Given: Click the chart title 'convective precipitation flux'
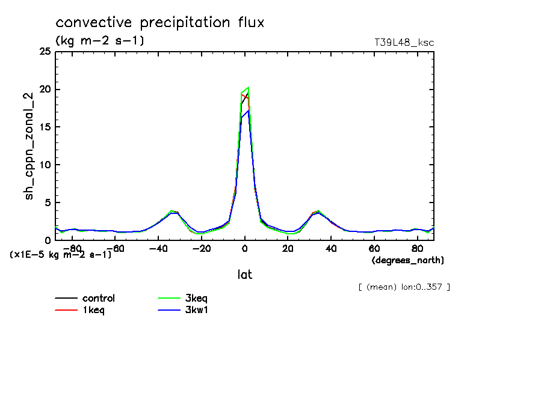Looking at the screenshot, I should coord(160,23).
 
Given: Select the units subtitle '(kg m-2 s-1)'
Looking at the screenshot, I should coord(99,41).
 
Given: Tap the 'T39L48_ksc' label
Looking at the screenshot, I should coord(404,42).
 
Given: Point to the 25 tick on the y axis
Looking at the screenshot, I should coord(45,52).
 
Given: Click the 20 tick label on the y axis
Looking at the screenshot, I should coord(45,90).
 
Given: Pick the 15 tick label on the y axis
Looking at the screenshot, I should coord(45,127).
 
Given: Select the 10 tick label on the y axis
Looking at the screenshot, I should coord(45,165).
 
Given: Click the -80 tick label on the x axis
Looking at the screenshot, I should coord(72,248).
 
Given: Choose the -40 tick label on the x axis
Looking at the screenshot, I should coord(158,248).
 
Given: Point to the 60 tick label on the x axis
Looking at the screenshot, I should coord(374,248).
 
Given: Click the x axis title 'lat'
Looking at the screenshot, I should coord(244,275).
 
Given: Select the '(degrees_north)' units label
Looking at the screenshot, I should coord(408,260).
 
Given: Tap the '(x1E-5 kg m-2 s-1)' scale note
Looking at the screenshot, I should coord(61,255).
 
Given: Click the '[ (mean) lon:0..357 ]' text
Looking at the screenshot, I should coord(404,287).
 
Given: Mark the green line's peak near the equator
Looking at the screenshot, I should coord(248,87).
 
